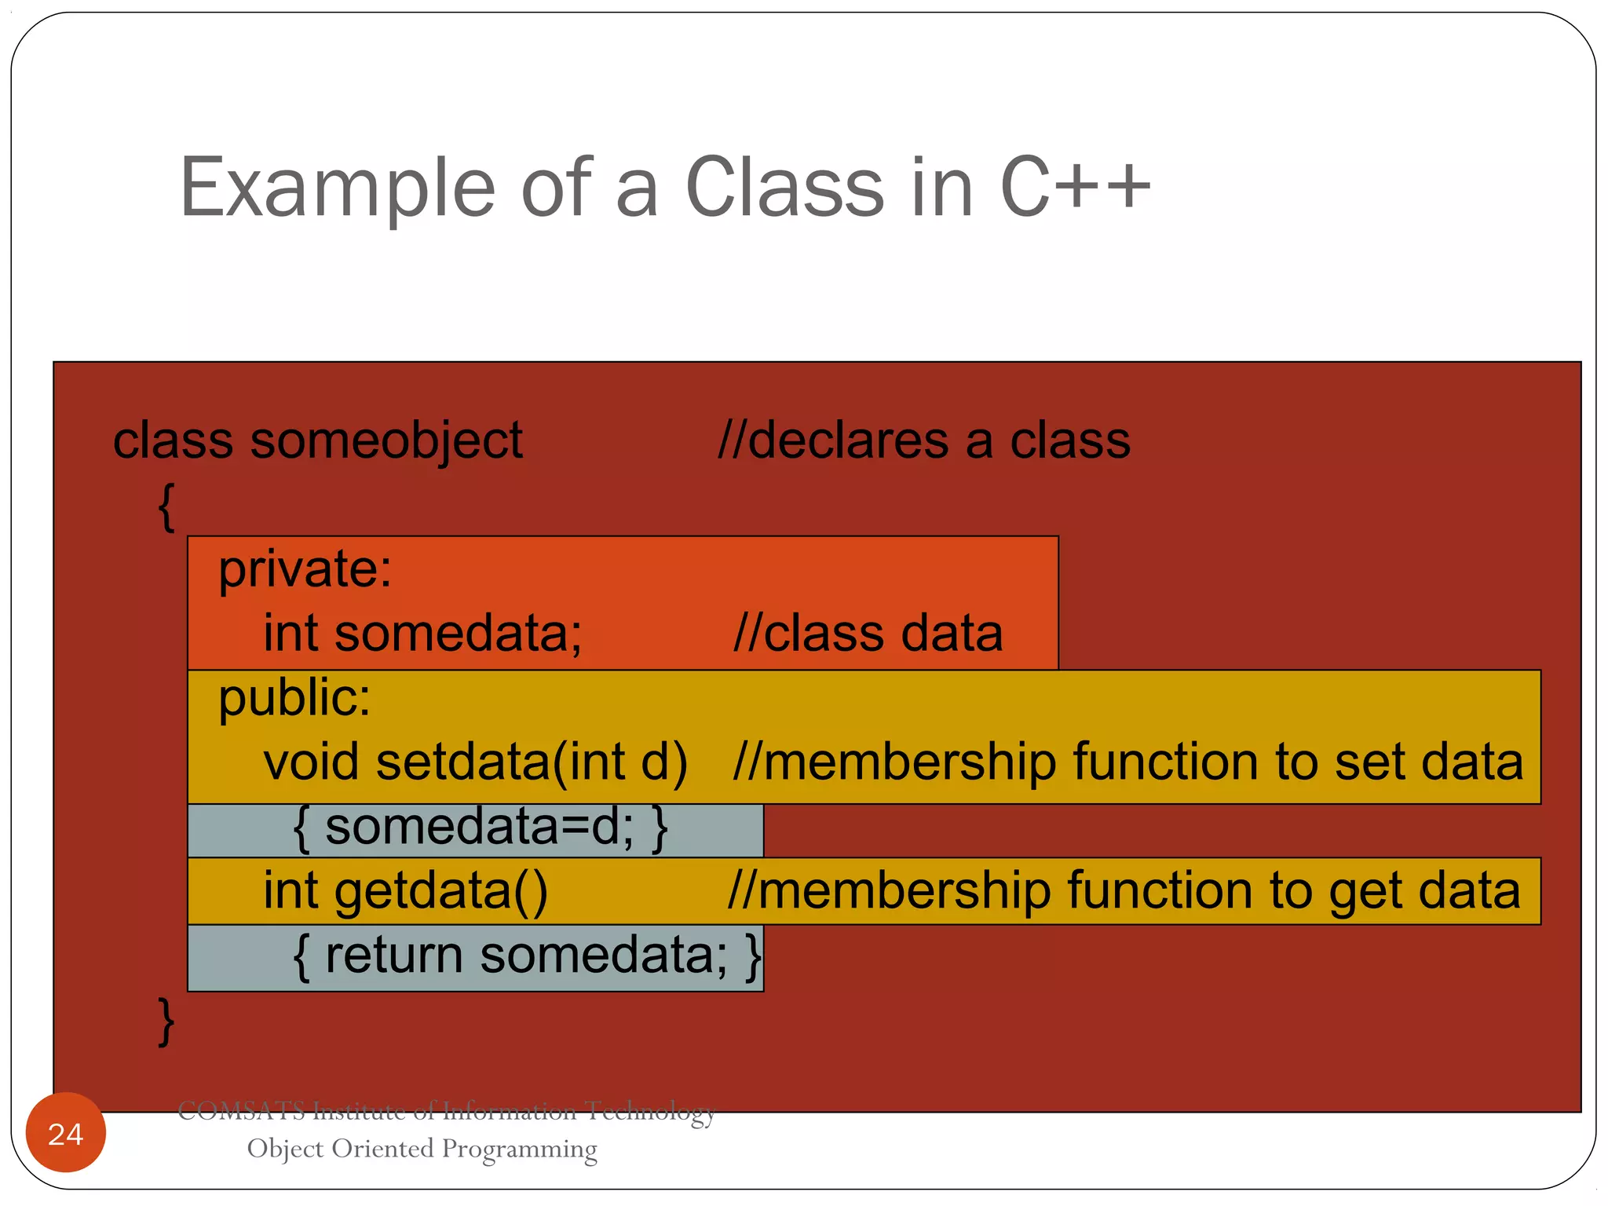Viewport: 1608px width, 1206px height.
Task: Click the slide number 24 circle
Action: tap(65, 1133)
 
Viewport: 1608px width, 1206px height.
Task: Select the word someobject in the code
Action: tap(386, 441)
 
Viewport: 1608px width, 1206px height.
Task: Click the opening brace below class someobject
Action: tap(166, 506)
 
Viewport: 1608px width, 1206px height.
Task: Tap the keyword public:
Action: tap(294, 698)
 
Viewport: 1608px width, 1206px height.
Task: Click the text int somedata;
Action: tap(422, 633)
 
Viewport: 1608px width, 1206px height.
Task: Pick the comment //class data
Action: tap(868, 633)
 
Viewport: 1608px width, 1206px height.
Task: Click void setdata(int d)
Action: tap(475, 762)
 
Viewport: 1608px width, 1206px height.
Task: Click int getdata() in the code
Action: tap(405, 891)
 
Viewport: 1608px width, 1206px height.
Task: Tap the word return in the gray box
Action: tap(393, 956)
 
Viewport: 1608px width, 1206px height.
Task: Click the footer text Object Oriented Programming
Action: tap(422, 1149)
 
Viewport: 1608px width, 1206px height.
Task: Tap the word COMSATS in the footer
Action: tap(241, 1111)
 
